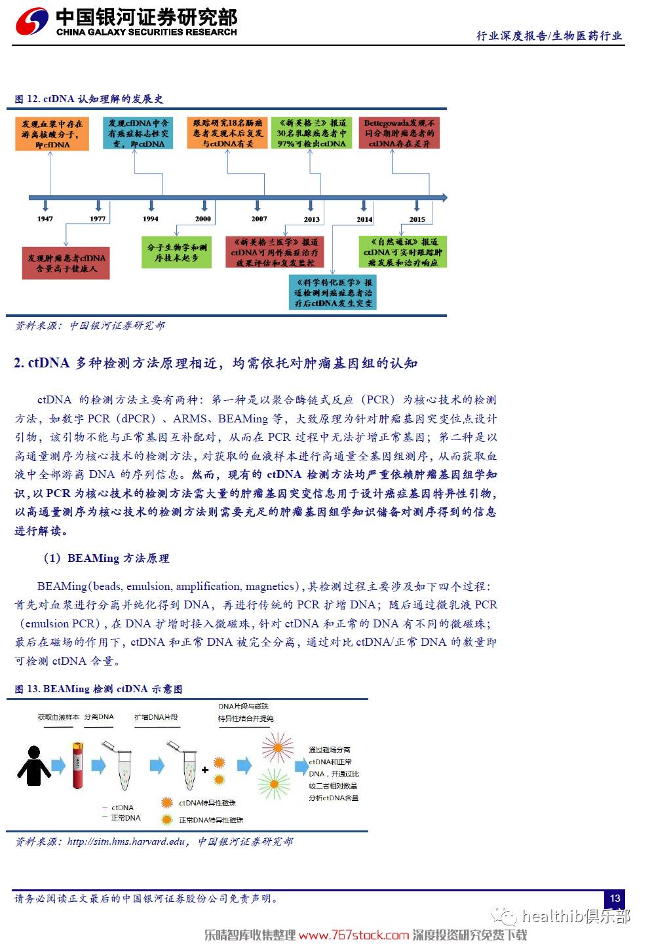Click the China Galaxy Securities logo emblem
click(x=32, y=22)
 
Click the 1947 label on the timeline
click(x=45, y=219)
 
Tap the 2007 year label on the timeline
click(x=259, y=219)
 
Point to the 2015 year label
click(x=417, y=219)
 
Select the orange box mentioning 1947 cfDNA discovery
click(x=52, y=134)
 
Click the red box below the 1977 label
click(x=66, y=263)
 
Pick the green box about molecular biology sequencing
click(x=176, y=253)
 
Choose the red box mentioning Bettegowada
click(x=399, y=133)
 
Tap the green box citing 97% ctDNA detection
click(x=311, y=133)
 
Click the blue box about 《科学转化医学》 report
click(x=333, y=292)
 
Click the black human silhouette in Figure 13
click(x=33, y=766)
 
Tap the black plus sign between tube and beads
click(x=205, y=769)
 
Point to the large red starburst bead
click(x=277, y=747)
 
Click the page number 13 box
click(x=614, y=899)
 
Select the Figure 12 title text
click(x=89, y=99)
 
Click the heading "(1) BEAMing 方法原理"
click(x=106, y=558)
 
